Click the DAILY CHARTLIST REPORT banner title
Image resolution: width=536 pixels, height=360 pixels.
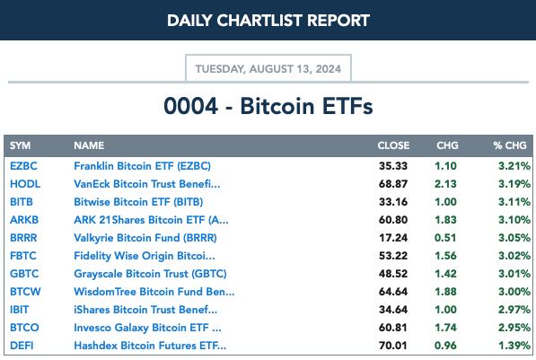click(268, 21)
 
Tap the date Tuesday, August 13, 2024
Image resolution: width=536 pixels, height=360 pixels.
click(268, 69)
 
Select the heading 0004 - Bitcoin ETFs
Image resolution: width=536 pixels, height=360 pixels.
click(268, 106)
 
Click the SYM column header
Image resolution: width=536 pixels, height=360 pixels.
click(20, 145)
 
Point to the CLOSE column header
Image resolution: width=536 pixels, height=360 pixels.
click(393, 145)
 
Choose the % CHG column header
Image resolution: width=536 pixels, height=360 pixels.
click(510, 145)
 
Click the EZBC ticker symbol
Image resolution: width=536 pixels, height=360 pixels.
click(23, 166)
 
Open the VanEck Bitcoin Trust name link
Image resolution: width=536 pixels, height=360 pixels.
click(147, 184)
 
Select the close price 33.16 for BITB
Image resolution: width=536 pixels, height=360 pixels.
click(393, 202)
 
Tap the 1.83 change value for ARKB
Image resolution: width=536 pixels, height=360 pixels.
click(445, 220)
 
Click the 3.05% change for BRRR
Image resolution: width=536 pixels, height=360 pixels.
click(514, 238)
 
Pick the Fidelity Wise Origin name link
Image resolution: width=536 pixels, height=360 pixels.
click(145, 256)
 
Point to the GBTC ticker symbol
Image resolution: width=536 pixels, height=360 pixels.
click(24, 274)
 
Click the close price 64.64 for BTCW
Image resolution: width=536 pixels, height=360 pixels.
click(393, 292)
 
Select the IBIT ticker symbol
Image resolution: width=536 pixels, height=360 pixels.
click(19, 310)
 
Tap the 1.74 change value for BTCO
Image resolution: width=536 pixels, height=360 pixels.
click(445, 328)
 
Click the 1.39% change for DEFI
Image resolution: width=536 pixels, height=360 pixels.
click(514, 346)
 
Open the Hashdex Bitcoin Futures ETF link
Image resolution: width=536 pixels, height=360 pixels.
click(150, 346)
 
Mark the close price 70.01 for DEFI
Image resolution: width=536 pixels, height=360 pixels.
click(393, 346)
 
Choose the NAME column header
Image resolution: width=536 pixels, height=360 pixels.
click(89, 145)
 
